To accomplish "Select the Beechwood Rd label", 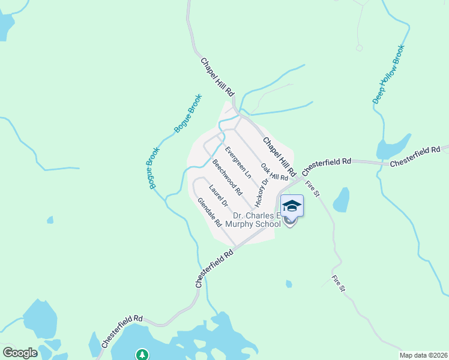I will coord(226,177).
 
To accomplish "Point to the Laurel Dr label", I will coord(218,194).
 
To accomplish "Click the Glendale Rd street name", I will coord(209,212).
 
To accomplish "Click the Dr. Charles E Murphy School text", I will coord(256,220).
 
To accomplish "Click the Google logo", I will coord(20,353).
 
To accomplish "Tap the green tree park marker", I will coord(142,355).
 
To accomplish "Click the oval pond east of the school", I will coord(341,200).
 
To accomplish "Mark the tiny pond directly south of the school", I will coord(289,284).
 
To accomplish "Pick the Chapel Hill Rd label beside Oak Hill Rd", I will coord(279,156).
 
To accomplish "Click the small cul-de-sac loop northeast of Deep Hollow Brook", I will coord(359,47).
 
